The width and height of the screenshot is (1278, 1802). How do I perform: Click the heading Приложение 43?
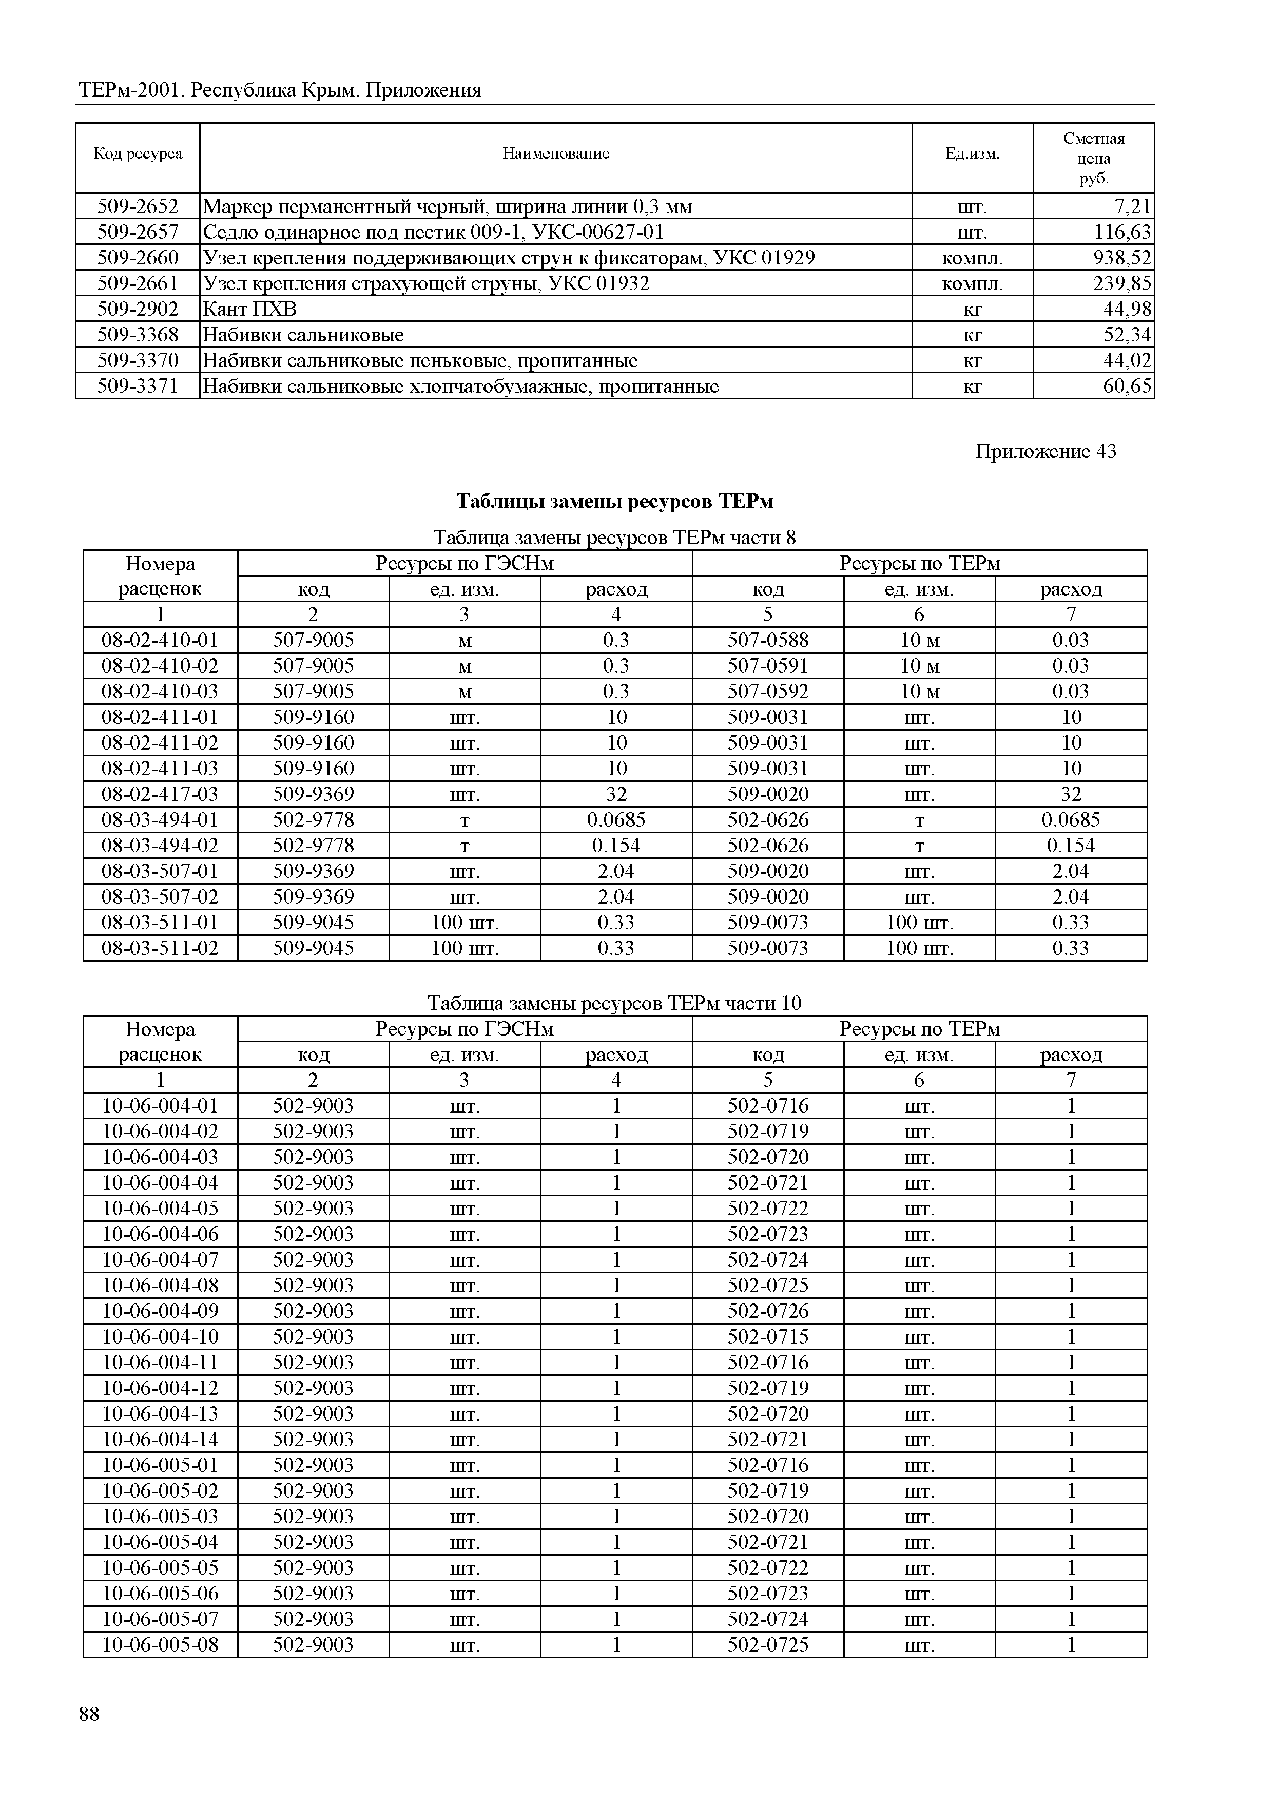coord(1045,451)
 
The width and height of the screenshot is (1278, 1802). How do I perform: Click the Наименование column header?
coord(555,154)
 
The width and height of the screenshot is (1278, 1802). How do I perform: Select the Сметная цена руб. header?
coord(1093,158)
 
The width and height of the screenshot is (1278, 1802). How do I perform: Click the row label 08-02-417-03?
coord(160,794)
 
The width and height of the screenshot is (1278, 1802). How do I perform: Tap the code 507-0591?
coord(767,666)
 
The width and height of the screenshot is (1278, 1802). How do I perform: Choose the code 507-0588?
coord(767,640)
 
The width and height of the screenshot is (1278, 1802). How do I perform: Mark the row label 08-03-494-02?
coord(160,846)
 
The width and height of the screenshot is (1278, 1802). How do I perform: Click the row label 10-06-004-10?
coord(160,1337)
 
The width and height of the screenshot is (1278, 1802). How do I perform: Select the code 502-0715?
coord(767,1337)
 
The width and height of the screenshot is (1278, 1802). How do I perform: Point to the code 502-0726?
coord(767,1311)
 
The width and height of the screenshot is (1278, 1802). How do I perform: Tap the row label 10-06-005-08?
coord(160,1644)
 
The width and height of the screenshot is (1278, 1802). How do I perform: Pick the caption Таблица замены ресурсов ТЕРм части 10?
coord(614,1003)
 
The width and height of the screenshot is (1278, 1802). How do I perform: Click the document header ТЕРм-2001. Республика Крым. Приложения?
coord(280,90)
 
